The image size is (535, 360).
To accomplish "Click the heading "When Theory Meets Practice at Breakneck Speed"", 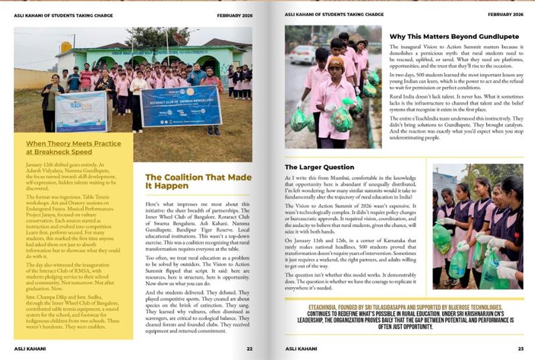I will (72, 147).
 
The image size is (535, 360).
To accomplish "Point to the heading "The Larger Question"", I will (320, 167).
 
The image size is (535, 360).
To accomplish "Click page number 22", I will (249, 348).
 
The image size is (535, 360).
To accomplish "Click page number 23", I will (520, 348).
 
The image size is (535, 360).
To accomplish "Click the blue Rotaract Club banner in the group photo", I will (181, 105).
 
